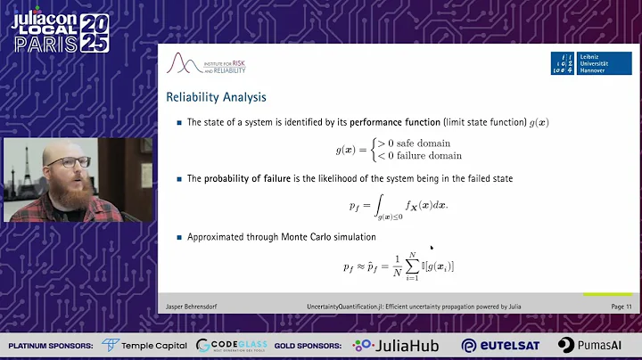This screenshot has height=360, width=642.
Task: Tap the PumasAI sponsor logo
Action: (x=589, y=345)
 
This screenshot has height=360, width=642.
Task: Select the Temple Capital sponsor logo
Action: (x=144, y=345)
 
